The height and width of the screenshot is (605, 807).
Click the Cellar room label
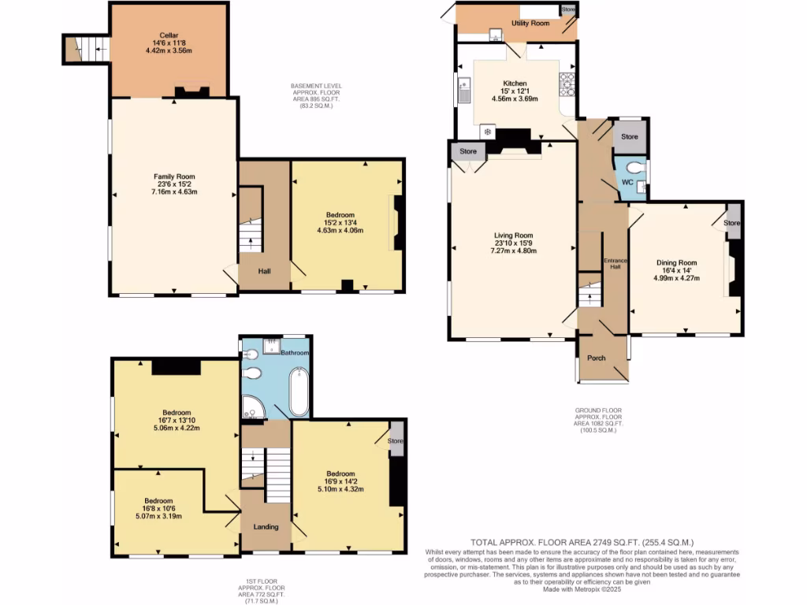[169, 35]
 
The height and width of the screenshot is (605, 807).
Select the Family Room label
[174, 176]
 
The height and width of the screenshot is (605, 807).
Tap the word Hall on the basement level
[265, 272]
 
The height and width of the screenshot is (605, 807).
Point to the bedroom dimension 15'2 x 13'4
[340, 223]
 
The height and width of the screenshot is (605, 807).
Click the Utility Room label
[530, 24]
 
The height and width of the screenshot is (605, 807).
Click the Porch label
[597, 358]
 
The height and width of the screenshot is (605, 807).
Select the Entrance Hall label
[613, 263]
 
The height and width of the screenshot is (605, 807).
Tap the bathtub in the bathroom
[299, 392]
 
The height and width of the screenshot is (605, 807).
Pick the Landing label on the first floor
[266, 526]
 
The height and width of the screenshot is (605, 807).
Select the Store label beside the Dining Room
[733, 223]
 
